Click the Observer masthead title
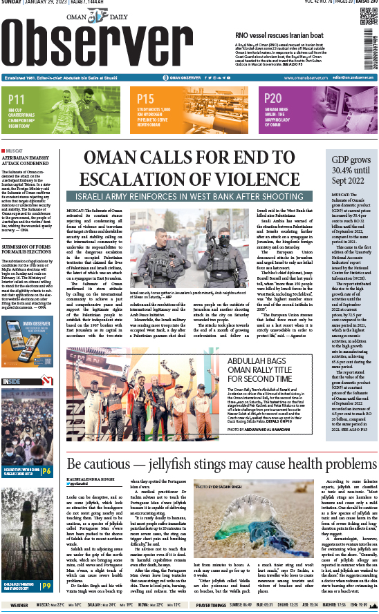coord(118,43)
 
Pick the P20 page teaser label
coord(273,99)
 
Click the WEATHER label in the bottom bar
coord(19,605)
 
